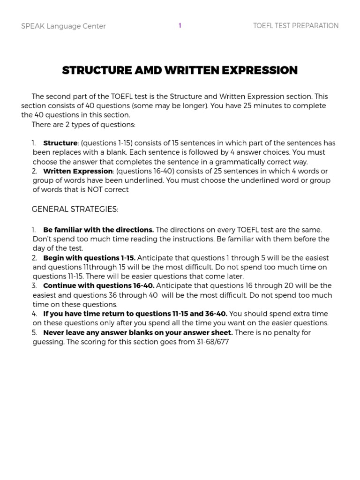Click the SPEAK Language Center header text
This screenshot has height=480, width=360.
[x=63, y=26]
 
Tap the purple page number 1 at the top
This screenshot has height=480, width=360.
[x=180, y=26]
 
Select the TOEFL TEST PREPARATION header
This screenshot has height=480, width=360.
[x=295, y=26]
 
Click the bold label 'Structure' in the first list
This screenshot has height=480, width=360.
[x=60, y=143]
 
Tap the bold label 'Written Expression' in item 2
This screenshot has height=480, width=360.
[x=78, y=171]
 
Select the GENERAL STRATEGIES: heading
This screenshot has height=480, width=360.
[x=75, y=209]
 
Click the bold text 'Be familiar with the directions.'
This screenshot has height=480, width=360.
[x=98, y=230]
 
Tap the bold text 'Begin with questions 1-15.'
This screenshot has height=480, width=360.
[x=89, y=258]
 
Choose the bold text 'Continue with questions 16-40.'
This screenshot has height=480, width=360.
[x=98, y=285]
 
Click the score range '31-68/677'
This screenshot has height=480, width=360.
[x=210, y=342]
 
